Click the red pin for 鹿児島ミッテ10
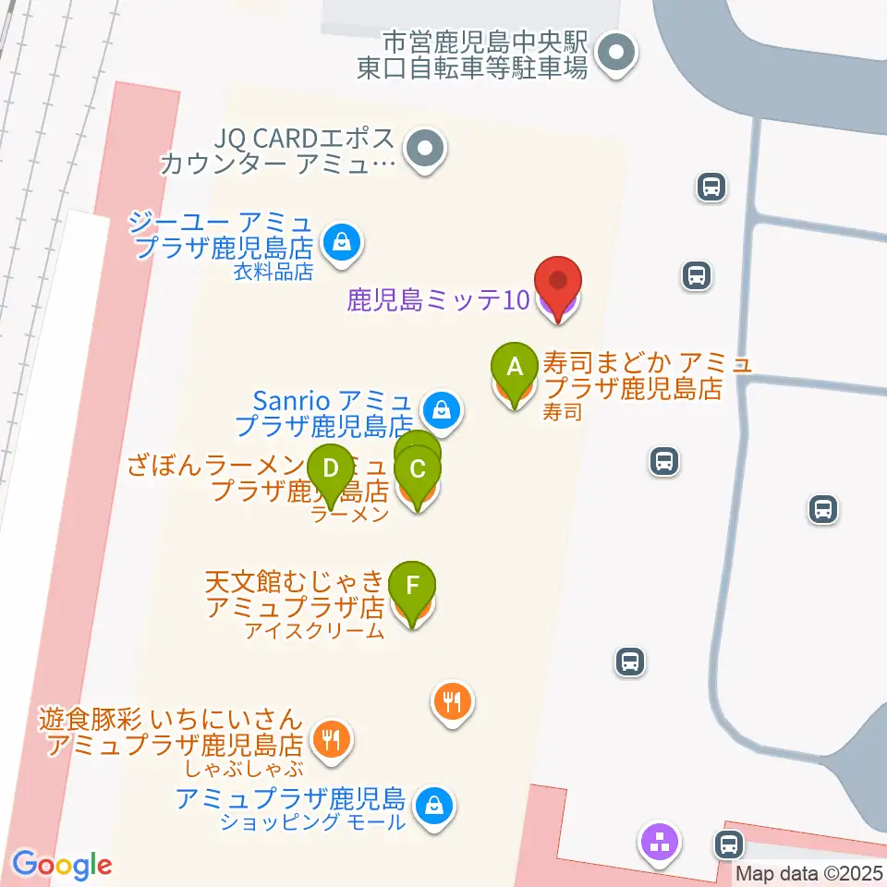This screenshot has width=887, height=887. click(559, 281)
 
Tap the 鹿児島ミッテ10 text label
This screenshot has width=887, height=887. click(439, 300)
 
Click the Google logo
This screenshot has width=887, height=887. click(62, 865)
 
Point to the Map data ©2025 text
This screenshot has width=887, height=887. click(810, 871)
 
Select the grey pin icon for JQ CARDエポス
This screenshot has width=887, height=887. click(425, 148)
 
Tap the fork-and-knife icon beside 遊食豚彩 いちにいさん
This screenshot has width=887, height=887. click(331, 737)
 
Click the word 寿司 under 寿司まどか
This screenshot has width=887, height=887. click(563, 412)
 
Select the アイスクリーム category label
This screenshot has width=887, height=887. click(314, 632)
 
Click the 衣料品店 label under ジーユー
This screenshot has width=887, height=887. click(273, 272)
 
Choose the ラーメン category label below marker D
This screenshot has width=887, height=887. click(349, 516)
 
